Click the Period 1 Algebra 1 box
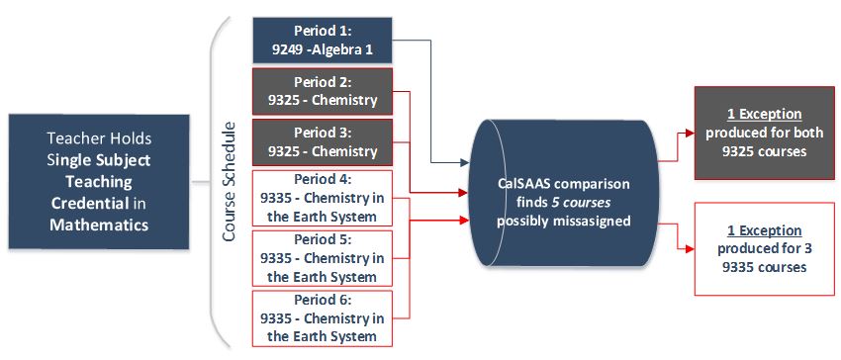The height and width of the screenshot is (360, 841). (323, 41)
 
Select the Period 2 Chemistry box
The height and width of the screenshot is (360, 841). (323, 91)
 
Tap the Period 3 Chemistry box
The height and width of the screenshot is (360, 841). (323, 142)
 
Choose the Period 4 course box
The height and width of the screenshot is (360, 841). (323, 198)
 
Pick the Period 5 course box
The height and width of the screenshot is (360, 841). (323, 258)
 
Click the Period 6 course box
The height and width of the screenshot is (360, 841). (323, 318)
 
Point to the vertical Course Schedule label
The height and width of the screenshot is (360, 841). (229, 182)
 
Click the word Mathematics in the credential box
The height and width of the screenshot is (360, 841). (99, 225)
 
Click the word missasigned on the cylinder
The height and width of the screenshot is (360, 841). (595, 221)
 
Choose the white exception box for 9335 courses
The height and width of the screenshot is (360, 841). (764, 249)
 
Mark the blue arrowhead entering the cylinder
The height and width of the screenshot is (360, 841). (464, 163)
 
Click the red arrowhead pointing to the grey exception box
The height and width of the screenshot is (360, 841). (690, 134)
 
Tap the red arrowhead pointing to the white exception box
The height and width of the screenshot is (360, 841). (690, 248)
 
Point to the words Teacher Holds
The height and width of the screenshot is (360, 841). (99, 138)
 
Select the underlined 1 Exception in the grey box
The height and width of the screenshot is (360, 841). (764, 115)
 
